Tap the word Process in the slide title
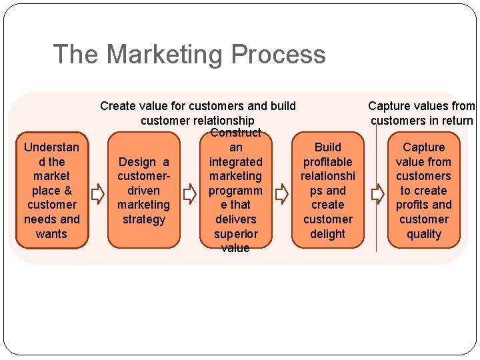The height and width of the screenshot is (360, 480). tap(281, 54)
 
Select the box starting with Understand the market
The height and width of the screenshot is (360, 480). tap(51, 190)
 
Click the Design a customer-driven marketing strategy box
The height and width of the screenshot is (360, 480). tap(143, 190)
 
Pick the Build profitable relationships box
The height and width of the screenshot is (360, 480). tap(327, 190)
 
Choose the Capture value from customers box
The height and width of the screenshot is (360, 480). tap(423, 190)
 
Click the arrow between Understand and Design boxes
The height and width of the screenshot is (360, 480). tap(97, 194)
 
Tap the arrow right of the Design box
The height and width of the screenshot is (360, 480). tap(189, 194)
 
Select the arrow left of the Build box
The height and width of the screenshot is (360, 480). tap(282, 194)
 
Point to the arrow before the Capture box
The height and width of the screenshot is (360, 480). tap(377, 194)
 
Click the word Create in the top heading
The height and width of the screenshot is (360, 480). tap(117, 105)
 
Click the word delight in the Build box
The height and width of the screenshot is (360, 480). tap(327, 234)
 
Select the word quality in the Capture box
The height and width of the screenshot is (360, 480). tap(423, 234)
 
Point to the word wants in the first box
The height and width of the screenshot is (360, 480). tap(51, 234)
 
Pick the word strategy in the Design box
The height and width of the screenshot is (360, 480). tap(143, 219)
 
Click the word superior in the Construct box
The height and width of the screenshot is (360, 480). tap(235, 234)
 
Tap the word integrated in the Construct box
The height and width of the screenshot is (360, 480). tap(235, 162)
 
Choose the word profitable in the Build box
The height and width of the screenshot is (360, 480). tap(327, 162)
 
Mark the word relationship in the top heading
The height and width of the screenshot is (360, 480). tap(221, 121)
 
